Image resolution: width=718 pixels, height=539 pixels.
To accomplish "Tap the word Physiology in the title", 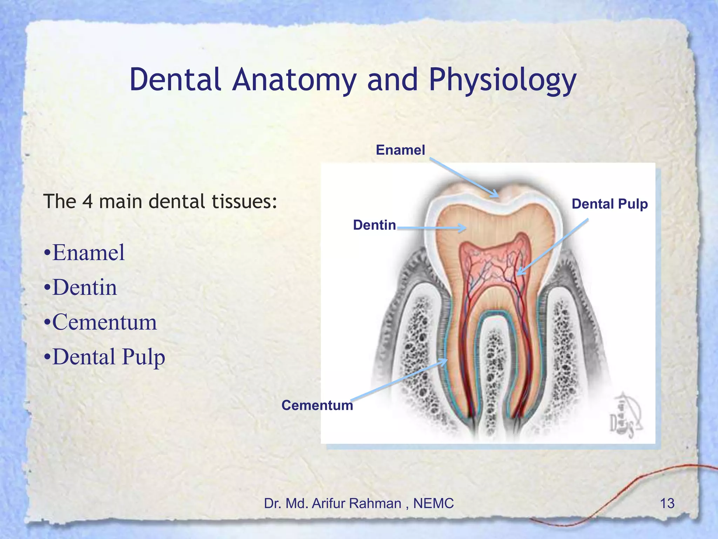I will pyautogui.click(x=502, y=81).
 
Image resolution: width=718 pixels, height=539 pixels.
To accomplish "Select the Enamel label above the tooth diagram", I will pyautogui.click(x=400, y=150).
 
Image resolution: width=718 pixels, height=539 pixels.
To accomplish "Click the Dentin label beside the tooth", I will pyautogui.click(x=374, y=225).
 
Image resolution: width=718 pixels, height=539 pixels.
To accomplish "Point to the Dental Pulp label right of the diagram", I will pyautogui.click(x=609, y=204).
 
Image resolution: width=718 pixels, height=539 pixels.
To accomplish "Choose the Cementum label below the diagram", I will pyautogui.click(x=317, y=405).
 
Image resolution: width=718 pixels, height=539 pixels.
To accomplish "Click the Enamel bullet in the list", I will pyautogui.click(x=88, y=253).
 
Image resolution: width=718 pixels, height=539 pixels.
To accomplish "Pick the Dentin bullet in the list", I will pyautogui.click(x=84, y=288).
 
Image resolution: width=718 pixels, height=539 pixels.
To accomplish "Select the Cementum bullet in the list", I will pyautogui.click(x=104, y=322).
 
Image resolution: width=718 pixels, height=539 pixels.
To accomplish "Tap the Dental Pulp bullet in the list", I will pyautogui.click(x=108, y=357).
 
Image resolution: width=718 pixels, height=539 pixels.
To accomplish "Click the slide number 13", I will pyautogui.click(x=667, y=504).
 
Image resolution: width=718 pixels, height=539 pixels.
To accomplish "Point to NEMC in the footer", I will pyautogui.click(x=433, y=504).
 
